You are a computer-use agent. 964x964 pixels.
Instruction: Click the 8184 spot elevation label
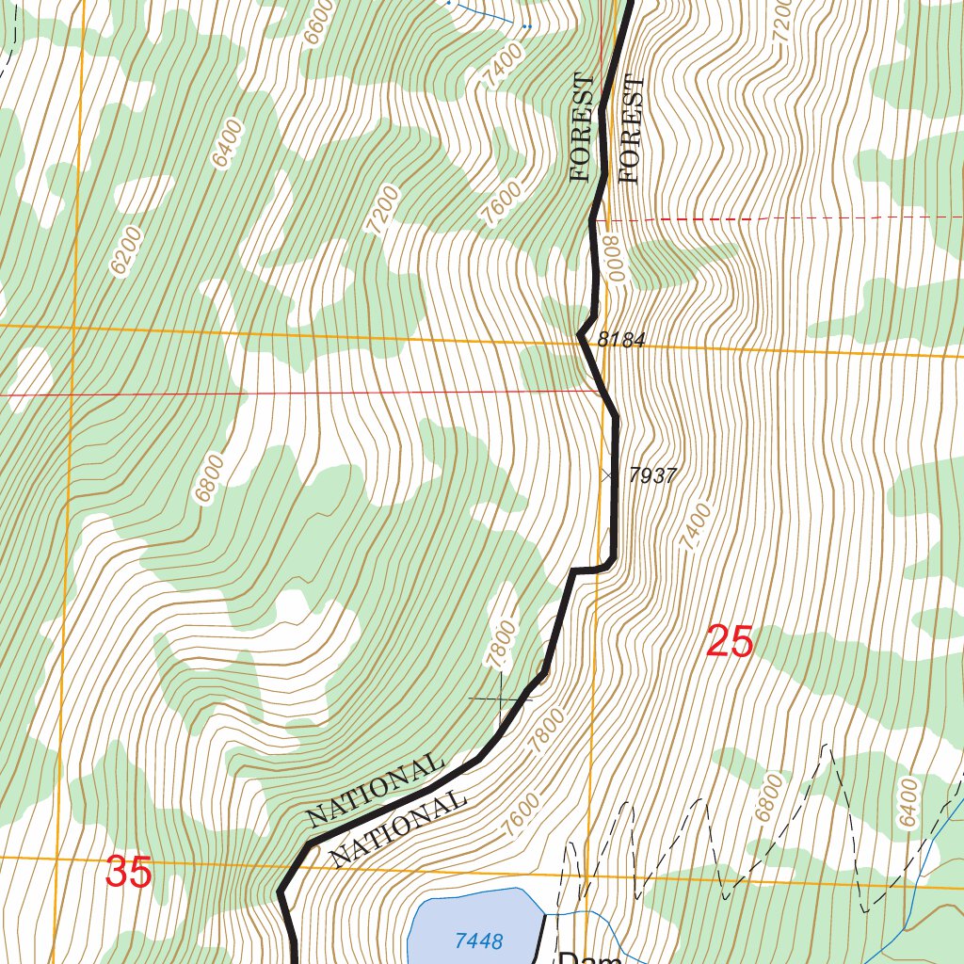click(620, 340)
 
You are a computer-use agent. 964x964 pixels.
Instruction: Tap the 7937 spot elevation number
click(651, 476)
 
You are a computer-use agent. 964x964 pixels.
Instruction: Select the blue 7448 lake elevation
click(478, 940)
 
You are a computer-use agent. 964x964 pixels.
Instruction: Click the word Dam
click(590, 957)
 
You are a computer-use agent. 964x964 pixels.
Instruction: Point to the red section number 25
click(730, 642)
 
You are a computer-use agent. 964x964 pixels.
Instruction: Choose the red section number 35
click(129, 872)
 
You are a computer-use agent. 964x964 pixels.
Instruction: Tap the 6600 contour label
click(319, 17)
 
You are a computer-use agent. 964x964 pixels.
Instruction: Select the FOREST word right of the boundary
click(630, 129)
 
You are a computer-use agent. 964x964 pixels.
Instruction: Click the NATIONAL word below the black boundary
click(399, 827)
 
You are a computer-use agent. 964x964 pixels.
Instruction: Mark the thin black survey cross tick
click(499, 699)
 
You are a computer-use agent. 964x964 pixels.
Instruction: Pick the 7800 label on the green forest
click(504, 644)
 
